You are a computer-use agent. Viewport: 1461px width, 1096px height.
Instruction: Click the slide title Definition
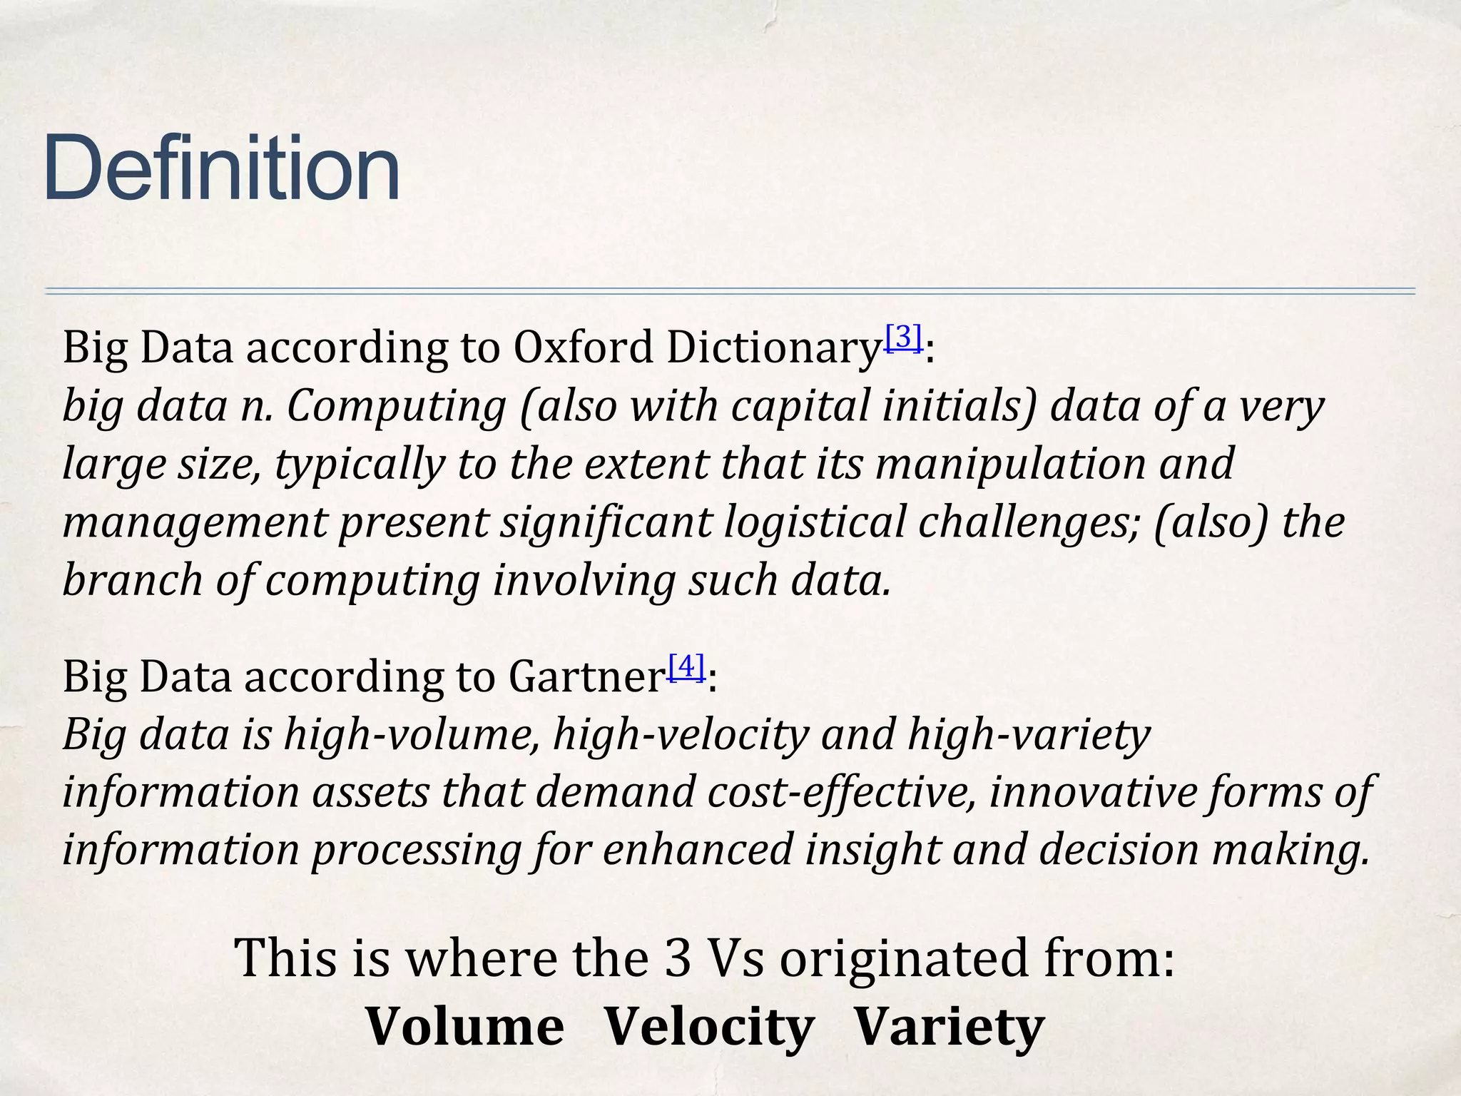[221, 168]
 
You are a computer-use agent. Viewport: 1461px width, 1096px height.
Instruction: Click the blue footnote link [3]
[904, 337]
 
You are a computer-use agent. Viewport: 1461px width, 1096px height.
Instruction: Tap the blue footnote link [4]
[687, 666]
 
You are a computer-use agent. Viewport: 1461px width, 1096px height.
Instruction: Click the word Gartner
[585, 677]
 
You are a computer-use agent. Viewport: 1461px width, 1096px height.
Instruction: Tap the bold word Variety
[949, 1027]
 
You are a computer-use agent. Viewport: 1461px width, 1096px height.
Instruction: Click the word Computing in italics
[396, 408]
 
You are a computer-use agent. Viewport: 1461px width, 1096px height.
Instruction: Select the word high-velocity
[681, 735]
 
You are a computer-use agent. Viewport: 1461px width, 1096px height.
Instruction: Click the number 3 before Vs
[677, 958]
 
